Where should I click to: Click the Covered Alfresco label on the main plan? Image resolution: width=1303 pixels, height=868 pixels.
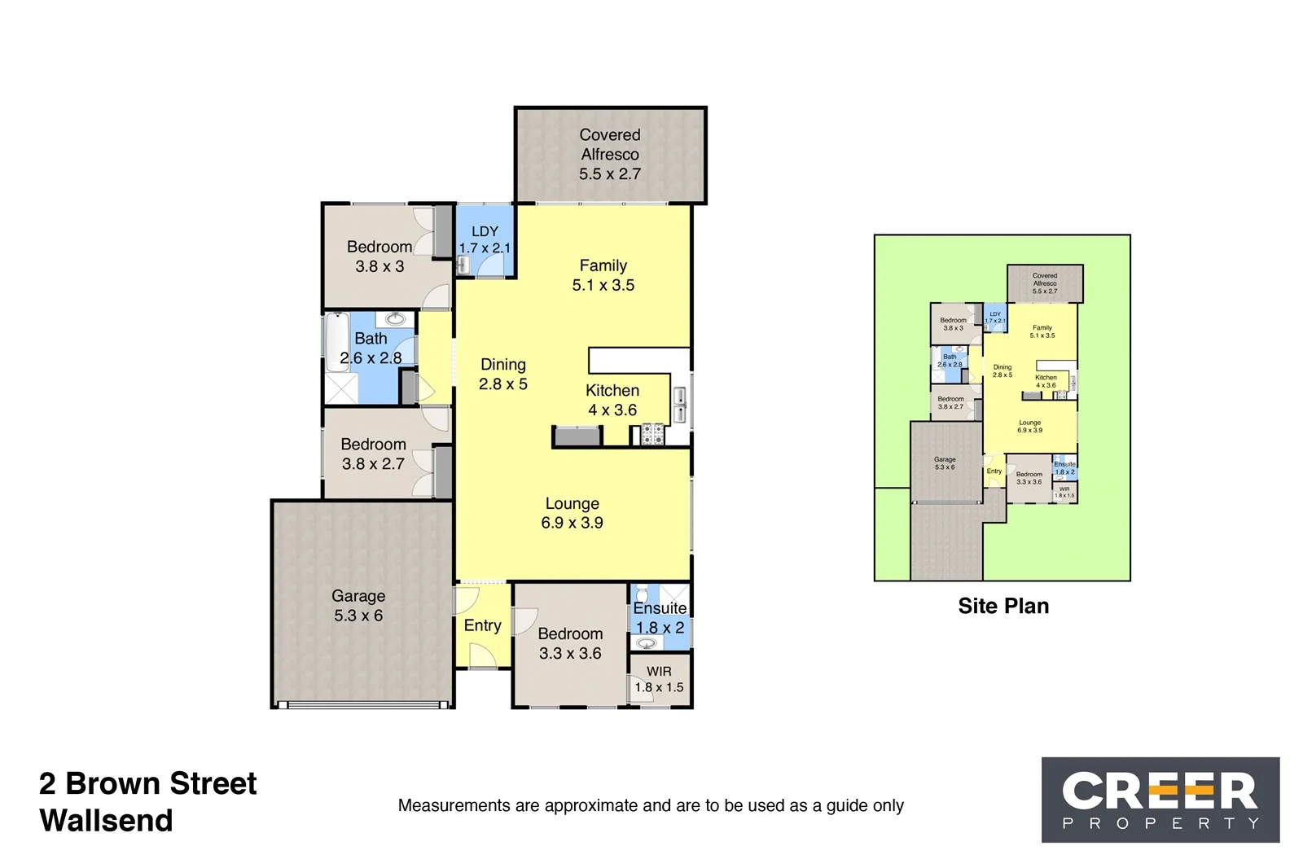[610, 155]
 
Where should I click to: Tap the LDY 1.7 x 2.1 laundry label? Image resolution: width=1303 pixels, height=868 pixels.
[485, 240]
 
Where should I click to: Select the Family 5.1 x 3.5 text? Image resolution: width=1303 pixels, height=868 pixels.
[603, 275]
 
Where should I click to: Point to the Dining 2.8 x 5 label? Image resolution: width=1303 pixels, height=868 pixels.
[503, 375]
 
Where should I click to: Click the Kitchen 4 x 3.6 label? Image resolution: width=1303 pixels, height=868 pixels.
[612, 401]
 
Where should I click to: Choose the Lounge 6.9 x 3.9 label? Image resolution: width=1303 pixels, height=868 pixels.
[573, 513]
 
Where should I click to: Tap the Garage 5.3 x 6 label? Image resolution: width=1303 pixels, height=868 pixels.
[358, 606]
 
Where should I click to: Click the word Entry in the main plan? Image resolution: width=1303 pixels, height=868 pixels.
[482, 625]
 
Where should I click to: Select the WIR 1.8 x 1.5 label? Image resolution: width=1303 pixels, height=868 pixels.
[660, 679]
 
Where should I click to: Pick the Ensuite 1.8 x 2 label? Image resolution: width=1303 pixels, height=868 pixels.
[660, 618]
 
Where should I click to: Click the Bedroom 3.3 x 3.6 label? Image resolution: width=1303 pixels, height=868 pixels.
[570, 643]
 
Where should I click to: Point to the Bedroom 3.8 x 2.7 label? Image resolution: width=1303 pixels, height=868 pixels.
[373, 454]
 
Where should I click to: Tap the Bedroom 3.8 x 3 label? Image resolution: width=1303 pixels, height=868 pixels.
[379, 256]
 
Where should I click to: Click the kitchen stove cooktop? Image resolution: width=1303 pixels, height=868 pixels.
[652, 435]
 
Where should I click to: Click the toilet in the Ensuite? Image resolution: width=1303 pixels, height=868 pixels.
[641, 593]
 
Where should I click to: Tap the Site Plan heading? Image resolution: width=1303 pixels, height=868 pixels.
[1003, 606]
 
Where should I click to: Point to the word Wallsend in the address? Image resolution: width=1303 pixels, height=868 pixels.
[106, 821]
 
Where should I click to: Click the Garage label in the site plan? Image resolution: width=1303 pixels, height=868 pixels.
[945, 463]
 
